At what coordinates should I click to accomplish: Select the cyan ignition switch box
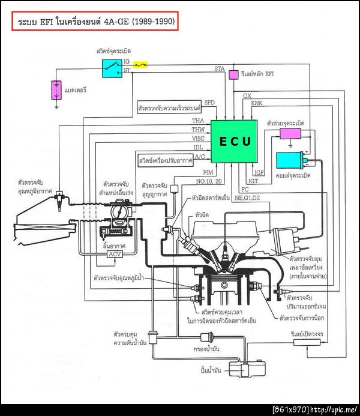(x=112, y=67)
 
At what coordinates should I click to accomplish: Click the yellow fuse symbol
(x=141, y=63)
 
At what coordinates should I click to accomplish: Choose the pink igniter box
(x=291, y=133)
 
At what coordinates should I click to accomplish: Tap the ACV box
(x=114, y=255)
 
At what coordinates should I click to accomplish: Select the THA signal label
(x=198, y=121)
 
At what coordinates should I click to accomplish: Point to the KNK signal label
(x=257, y=103)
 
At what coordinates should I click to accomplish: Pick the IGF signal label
(x=259, y=172)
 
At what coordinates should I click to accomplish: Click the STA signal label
(x=220, y=69)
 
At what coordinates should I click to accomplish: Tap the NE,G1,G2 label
(x=248, y=197)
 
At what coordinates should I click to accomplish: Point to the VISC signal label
(x=199, y=139)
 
